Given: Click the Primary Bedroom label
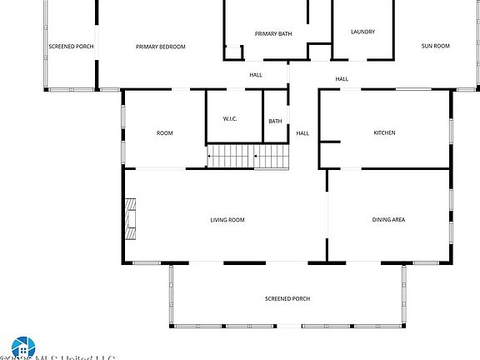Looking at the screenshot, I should coord(161,47).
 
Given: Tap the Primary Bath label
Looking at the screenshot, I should coord(271,33).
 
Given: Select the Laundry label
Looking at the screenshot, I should coord(362,32).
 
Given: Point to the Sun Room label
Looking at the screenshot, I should coord(435,46).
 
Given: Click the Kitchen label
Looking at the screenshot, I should coord(384,132).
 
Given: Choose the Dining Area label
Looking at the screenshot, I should coord(388,220).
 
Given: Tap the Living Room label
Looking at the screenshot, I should coord(227,220).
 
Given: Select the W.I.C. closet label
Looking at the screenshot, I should coord(231,119).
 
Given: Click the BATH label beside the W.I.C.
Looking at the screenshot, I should coord(275,122).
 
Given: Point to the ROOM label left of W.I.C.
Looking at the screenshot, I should coord(165,132).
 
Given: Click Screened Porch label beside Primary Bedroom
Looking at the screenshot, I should coord(71,47).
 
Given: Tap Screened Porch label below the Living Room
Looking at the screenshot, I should coord(287,298).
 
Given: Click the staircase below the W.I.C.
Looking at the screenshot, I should coord(247,156).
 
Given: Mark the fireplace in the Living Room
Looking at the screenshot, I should coord(129,218).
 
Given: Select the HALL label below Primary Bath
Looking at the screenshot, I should coord(256,75).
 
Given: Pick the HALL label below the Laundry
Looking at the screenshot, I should coord(342,79).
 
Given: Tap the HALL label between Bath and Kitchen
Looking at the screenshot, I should coord(302,132).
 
